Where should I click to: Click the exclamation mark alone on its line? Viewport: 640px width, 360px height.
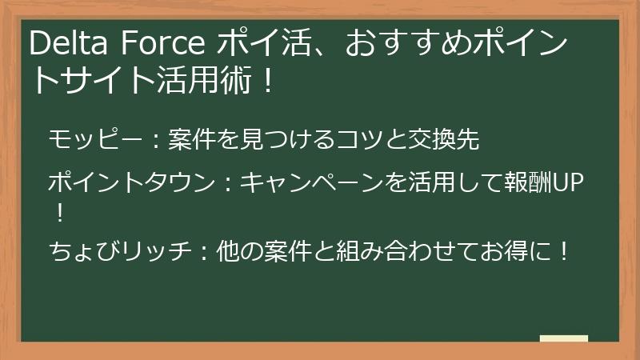pos(58,213)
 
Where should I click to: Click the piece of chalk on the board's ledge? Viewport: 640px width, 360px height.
pos(565,338)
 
